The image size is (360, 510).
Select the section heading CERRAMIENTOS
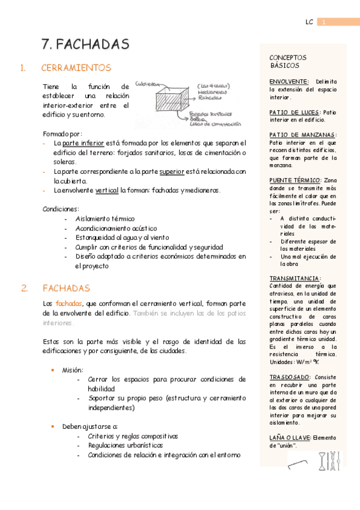point(76,68)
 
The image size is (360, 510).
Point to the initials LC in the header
point(309,22)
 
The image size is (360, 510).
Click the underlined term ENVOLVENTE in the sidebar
point(288,81)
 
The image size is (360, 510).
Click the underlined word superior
point(171,171)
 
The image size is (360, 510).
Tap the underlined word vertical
point(107,190)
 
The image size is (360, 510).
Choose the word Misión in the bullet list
point(73,370)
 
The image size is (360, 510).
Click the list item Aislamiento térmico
point(105,219)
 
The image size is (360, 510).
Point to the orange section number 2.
point(24,288)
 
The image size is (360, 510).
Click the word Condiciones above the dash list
point(60,209)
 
